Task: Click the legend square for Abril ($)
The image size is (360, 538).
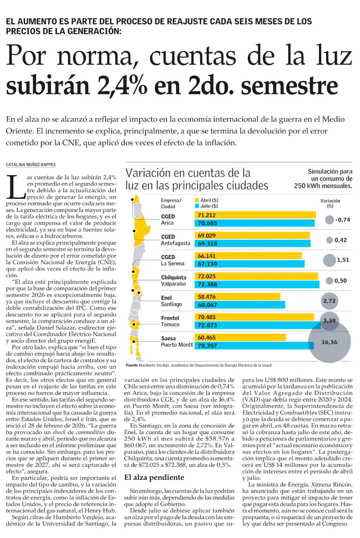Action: pos(197,200)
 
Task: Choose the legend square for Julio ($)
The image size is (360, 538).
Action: pos(197,206)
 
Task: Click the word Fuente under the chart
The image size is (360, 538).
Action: pos(132,365)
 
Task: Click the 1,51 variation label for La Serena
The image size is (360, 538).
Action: pos(343,260)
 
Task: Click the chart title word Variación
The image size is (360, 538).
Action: pos(152,172)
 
